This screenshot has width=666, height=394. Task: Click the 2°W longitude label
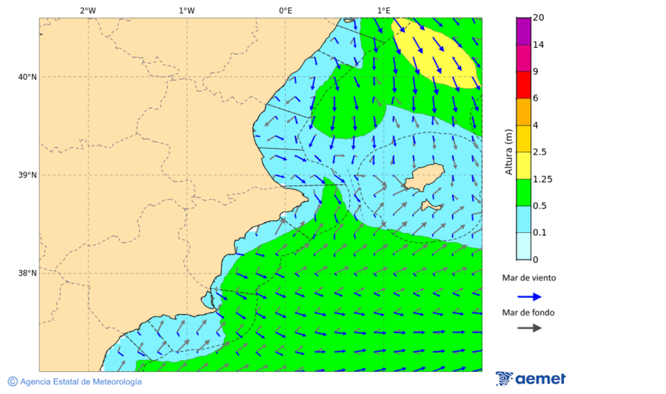pos(87,10)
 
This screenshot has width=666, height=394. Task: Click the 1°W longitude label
pos(186,10)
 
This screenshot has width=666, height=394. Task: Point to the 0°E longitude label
pos(285,10)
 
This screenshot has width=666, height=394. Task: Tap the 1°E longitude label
pos(383,10)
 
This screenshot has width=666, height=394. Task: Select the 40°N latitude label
pos(27,77)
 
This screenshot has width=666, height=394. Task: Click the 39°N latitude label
pos(27,175)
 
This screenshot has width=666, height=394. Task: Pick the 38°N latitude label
pos(27,274)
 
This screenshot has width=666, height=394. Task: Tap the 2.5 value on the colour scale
pos(541,152)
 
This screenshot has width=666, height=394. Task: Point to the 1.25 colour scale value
pos(543,179)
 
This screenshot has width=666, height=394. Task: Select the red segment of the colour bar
pos(523,85)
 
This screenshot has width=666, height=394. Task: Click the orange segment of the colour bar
pos(523,112)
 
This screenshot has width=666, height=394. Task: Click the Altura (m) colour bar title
pos(508,152)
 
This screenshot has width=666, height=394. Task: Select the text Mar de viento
pos(528,278)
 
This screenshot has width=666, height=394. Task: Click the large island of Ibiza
pos(423,177)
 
